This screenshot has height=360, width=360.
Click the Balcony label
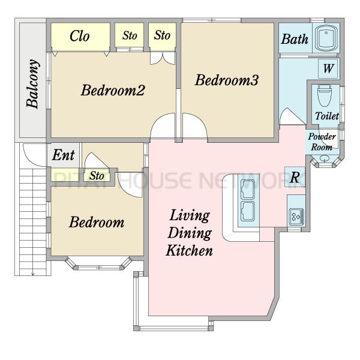[x=33, y=84]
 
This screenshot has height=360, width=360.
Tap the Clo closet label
[x=79, y=36]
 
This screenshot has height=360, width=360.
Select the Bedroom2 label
[x=113, y=90]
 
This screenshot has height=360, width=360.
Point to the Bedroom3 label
[x=227, y=80]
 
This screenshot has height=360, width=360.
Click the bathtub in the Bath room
[x=326, y=38]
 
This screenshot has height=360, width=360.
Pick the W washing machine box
[x=328, y=68]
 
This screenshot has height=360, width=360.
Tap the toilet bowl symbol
[x=325, y=96]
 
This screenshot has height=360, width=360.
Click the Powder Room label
[x=322, y=142]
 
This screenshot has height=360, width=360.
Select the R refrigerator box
[x=295, y=177]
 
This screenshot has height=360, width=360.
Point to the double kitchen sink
[x=248, y=200]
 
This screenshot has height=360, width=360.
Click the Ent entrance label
[x=64, y=155]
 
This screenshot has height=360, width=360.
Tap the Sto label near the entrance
[x=97, y=176]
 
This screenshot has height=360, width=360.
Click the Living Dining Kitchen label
[x=190, y=233]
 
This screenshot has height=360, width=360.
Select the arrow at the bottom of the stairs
[x=33, y=273]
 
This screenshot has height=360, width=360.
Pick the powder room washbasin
[x=324, y=158]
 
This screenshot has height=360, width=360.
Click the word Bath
[x=295, y=39]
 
